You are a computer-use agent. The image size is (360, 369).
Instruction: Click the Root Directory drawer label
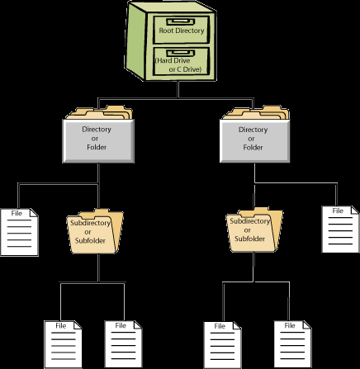(182, 31)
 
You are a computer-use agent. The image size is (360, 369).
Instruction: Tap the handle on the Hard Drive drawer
(181, 53)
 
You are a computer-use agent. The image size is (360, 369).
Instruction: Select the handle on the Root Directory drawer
(181, 21)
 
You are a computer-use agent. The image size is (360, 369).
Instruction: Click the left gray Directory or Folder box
(98, 141)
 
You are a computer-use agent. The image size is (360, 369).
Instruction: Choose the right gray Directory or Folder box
(254, 141)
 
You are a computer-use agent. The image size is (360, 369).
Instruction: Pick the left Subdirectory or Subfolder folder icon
(95, 232)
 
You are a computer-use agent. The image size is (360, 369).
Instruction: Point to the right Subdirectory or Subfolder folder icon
(254, 230)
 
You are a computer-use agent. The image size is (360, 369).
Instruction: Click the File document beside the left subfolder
(19, 232)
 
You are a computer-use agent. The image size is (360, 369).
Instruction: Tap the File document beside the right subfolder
(340, 229)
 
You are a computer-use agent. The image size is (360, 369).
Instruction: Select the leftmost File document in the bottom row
(63, 344)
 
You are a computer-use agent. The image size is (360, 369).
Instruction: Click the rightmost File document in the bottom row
(293, 344)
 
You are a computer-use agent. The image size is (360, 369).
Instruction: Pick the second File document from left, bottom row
(124, 344)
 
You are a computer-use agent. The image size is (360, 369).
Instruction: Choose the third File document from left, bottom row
(222, 345)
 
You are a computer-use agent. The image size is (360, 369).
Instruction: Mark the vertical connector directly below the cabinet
(178, 89)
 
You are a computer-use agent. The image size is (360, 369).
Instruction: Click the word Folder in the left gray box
(97, 147)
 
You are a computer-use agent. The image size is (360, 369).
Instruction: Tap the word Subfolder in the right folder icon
(249, 239)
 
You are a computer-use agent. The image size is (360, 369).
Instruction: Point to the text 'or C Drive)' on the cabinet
(185, 69)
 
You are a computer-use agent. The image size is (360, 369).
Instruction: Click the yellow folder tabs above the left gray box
(100, 112)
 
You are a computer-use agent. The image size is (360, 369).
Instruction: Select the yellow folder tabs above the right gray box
(256, 112)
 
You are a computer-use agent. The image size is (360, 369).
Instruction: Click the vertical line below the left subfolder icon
(98, 267)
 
